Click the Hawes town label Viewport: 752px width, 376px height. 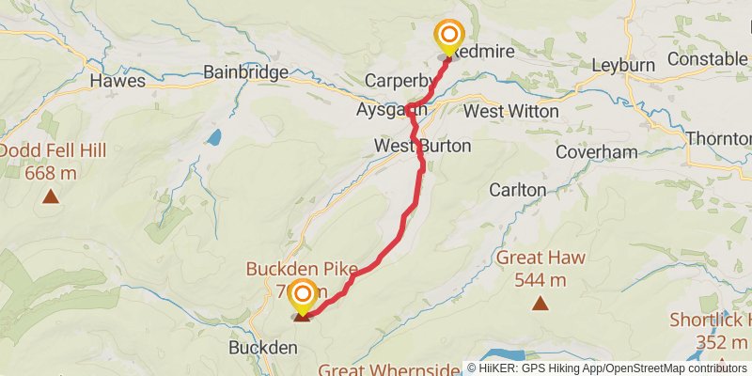click(117, 81)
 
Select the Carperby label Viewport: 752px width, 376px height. click(399, 81)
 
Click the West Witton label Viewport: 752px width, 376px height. click(511, 111)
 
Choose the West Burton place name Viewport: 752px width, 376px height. click(422, 147)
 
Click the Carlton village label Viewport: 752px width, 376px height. click(517, 190)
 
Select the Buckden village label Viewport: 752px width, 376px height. click(263, 348)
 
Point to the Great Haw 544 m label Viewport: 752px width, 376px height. click(540, 268)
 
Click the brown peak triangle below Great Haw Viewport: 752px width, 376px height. click(540, 303)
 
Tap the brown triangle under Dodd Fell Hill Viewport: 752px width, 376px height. click(50, 196)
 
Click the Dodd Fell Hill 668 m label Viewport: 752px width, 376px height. click(53, 162)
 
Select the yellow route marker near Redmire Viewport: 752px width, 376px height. click(449, 37)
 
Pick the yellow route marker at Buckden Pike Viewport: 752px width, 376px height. click(303, 296)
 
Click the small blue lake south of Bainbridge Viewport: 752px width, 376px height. click(214, 138)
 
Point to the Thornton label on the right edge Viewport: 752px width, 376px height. click(719, 138)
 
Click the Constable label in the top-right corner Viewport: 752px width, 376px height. click(702, 60)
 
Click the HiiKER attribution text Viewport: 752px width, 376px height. click(607, 368)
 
